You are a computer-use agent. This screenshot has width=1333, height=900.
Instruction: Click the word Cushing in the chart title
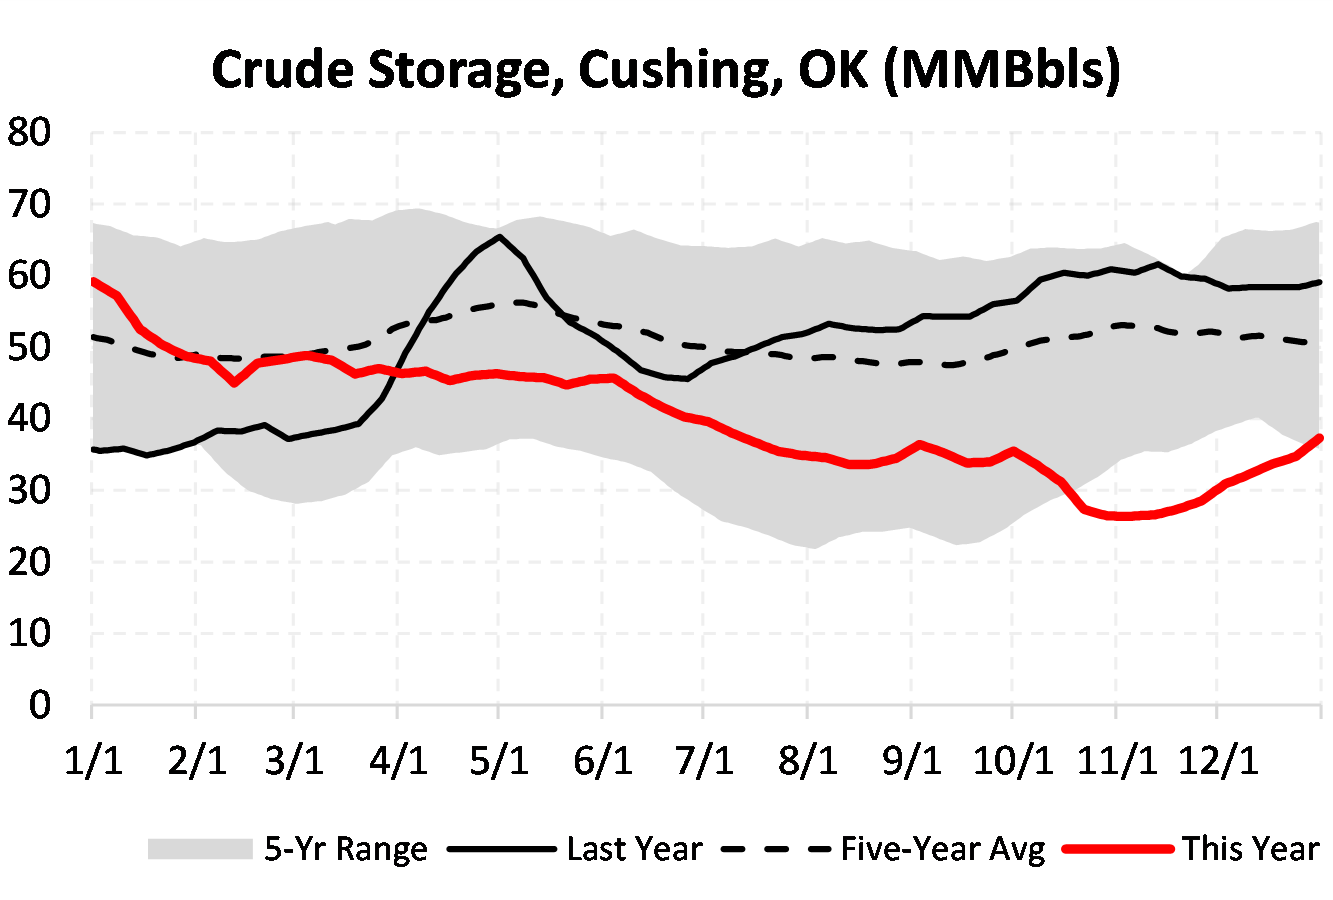click(665, 70)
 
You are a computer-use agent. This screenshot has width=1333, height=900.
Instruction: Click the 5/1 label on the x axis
click(499, 761)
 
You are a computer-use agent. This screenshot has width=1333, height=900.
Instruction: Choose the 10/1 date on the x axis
click(1013, 761)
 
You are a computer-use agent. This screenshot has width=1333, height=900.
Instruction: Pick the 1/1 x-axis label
click(93, 761)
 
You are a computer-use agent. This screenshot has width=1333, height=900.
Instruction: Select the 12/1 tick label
click(1217, 761)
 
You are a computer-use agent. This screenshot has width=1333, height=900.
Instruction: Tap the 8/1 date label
click(807, 761)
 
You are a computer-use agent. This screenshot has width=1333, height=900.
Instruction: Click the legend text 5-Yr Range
click(346, 849)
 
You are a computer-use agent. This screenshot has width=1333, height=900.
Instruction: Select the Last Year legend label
click(635, 849)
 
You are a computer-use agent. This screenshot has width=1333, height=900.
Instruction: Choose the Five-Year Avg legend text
click(943, 849)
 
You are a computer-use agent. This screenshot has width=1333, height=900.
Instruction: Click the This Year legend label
click(1251, 849)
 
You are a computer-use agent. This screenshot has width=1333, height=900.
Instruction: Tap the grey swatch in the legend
click(199, 849)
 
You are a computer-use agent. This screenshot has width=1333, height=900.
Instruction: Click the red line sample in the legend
click(1117, 849)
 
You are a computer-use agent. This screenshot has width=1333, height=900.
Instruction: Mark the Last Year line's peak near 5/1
click(499, 237)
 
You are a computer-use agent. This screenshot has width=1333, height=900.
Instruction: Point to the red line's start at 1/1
click(93, 281)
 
